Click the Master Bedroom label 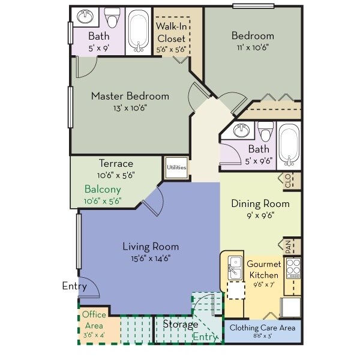click(x=130, y=96)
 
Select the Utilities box click(x=176, y=167)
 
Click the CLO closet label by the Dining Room click(x=288, y=180)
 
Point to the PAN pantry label click(x=288, y=246)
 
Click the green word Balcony click(x=103, y=188)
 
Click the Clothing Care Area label click(x=263, y=328)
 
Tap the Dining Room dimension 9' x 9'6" click(x=260, y=216)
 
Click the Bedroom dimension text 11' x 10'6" click(x=253, y=48)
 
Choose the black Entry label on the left click(x=74, y=286)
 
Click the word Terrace click(x=115, y=163)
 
